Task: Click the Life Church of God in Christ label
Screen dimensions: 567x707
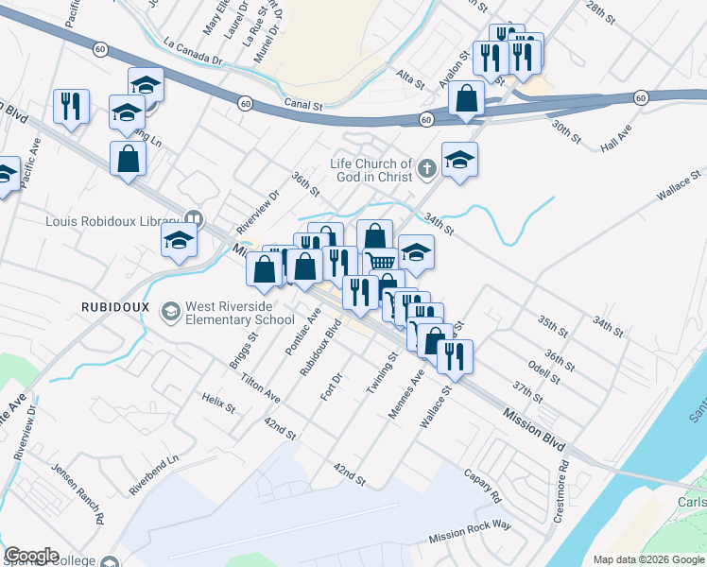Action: click(371, 170)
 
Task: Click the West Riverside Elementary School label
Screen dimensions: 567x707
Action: click(240, 314)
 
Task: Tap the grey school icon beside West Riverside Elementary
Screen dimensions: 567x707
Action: click(170, 310)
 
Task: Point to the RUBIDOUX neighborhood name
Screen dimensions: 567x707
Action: click(111, 307)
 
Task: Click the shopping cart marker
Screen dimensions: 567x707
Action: click(380, 262)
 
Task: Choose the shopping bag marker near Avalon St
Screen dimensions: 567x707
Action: click(467, 98)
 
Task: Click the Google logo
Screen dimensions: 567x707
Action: click(31, 556)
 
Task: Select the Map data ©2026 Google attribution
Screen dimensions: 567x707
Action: click(648, 559)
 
